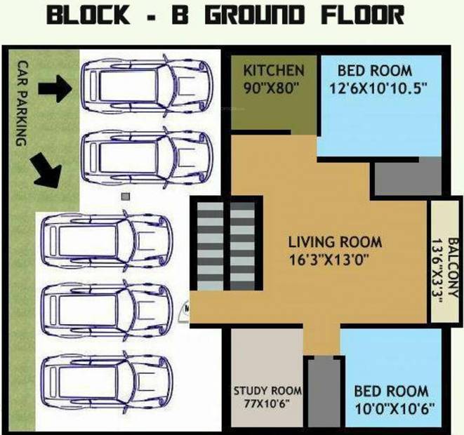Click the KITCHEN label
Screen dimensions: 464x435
point(274,71)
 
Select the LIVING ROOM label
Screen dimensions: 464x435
point(335,242)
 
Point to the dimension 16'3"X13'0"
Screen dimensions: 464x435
point(329,260)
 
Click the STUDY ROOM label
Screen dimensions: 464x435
point(268,391)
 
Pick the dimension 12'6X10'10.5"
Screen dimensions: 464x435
point(378,88)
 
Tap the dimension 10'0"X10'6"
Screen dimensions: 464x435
point(395,409)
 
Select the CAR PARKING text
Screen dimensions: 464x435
point(22,103)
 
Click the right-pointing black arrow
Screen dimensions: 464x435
point(55,88)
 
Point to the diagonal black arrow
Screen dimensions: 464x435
point(47,171)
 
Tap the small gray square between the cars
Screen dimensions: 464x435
point(126,196)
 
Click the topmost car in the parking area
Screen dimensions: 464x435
point(147,86)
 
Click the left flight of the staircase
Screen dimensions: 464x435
point(210,246)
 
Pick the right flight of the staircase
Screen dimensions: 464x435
point(242,246)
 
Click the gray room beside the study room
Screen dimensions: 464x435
point(324,393)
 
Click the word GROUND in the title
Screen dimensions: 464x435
point(255,15)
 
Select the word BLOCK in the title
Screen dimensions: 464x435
point(88,15)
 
